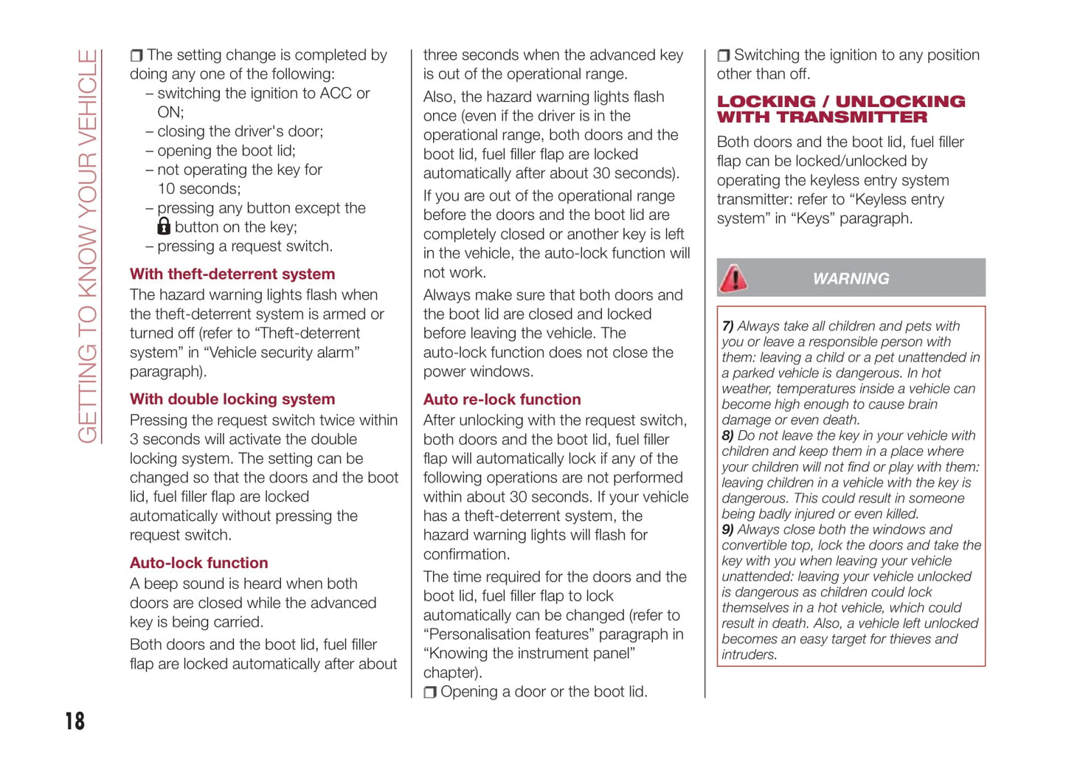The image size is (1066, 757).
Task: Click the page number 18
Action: pyautogui.click(x=75, y=721)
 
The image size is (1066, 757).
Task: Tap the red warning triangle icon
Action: pyautogui.click(x=734, y=278)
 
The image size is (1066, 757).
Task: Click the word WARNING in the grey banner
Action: pyautogui.click(x=851, y=279)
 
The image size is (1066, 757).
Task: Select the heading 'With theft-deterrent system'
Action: pyautogui.click(x=232, y=274)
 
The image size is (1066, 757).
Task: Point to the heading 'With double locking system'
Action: pyautogui.click(x=232, y=399)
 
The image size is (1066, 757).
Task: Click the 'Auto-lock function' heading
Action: pyautogui.click(x=199, y=563)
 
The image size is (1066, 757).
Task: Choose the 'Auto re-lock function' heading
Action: pyautogui.click(x=502, y=399)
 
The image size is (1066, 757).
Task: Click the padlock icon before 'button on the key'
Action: pyautogui.click(x=164, y=227)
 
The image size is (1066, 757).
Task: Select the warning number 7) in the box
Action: pyautogui.click(x=727, y=326)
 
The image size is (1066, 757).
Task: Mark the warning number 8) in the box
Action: pyautogui.click(x=727, y=435)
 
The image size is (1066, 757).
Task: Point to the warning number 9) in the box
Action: pyautogui.click(x=727, y=530)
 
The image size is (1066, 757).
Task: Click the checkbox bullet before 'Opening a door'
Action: pyautogui.click(x=430, y=693)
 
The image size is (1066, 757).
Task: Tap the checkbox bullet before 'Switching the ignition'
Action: pyautogui.click(x=724, y=55)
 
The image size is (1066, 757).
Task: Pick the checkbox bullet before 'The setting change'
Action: pyautogui.click(x=136, y=55)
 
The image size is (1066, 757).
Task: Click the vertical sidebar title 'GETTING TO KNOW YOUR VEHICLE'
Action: pyautogui.click(x=88, y=246)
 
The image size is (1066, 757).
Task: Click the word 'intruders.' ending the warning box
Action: pyautogui.click(x=749, y=654)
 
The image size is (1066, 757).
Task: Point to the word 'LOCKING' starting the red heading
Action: pyautogui.click(x=766, y=102)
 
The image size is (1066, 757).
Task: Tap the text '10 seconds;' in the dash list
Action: pyautogui.click(x=198, y=189)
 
